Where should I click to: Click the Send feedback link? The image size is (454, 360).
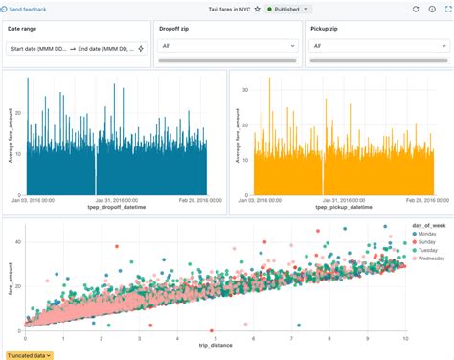[x=29, y=8]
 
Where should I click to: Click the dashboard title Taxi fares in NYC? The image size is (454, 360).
[x=229, y=8]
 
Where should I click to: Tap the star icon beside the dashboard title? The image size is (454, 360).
[x=259, y=8]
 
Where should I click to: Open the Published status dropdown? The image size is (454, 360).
[x=288, y=8]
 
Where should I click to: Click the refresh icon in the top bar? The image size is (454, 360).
[x=415, y=8]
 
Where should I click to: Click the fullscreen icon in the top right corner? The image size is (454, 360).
[x=443, y=8]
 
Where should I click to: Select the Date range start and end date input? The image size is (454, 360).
[x=73, y=47]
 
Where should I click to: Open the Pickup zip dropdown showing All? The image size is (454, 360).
[x=376, y=45]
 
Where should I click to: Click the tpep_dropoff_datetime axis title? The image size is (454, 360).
[x=114, y=206]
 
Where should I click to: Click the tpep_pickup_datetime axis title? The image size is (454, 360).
[x=341, y=206]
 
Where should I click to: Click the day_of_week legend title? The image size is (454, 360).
[x=423, y=226]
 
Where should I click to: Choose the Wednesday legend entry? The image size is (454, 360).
[x=430, y=259]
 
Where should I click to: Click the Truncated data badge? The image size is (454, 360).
[x=29, y=355]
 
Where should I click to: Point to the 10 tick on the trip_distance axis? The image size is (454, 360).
[x=405, y=339]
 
